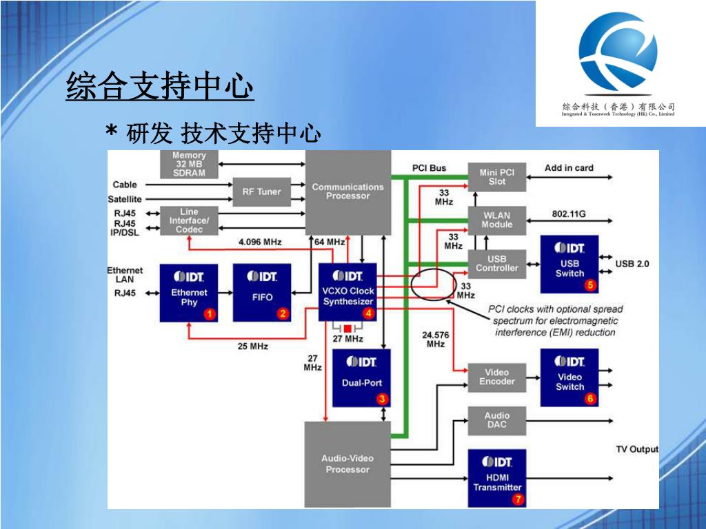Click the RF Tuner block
(x=261, y=192)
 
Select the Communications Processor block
(x=347, y=192)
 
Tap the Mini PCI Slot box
(x=497, y=177)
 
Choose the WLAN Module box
(x=497, y=220)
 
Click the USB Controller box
(x=497, y=264)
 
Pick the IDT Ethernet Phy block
(x=189, y=293)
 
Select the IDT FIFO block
(x=262, y=293)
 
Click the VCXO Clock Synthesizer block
(x=347, y=292)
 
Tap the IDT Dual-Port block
(x=361, y=377)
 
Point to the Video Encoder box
(x=497, y=377)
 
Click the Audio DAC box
(x=497, y=420)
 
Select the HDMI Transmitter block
(x=497, y=478)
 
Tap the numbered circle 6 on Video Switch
(x=589, y=397)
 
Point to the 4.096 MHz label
(x=260, y=242)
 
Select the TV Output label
(x=636, y=450)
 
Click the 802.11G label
(x=569, y=214)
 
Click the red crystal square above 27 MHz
(x=348, y=328)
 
